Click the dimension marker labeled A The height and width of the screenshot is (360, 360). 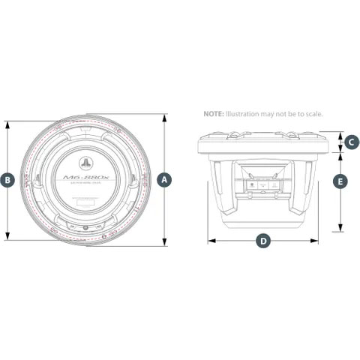tap(166, 180)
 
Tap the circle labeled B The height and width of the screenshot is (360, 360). tap(7, 180)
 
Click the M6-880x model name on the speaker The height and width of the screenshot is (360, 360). tap(85, 178)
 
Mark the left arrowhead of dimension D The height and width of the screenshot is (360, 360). tap(208, 241)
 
